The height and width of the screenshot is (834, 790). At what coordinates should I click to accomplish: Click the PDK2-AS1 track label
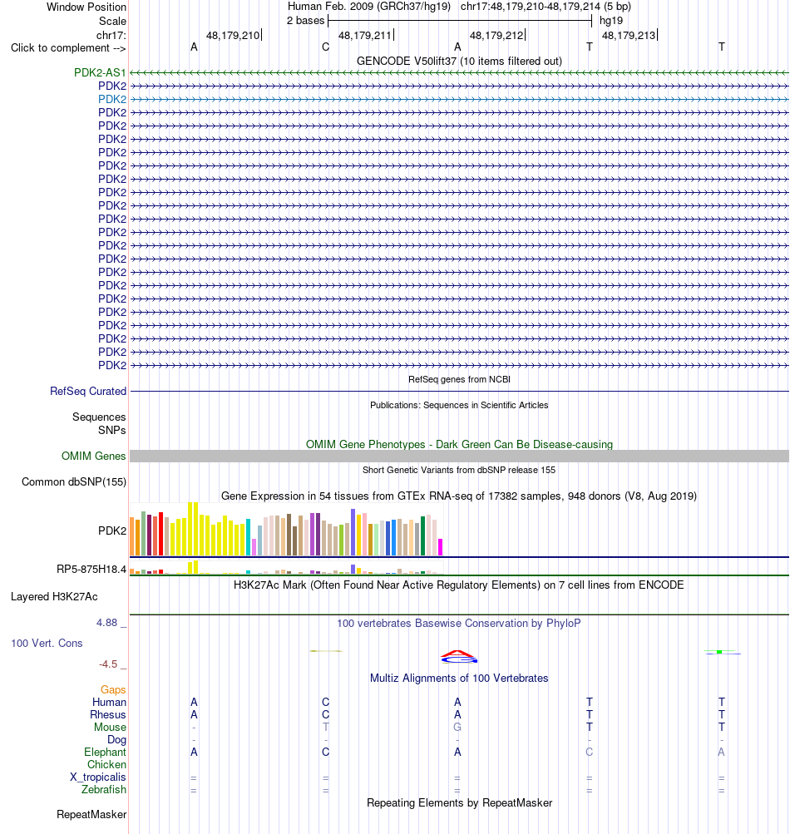(100, 72)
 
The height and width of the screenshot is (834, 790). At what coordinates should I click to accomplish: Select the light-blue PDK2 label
(112, 99)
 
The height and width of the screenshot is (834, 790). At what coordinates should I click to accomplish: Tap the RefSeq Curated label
(88, 391)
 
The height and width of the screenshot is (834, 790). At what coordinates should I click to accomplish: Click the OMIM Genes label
(94, 456)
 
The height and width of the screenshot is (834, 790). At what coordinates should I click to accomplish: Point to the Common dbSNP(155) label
(74, 482)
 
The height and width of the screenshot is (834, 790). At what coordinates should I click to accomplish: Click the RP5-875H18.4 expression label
(91, 569)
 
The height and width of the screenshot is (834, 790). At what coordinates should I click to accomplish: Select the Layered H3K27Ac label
(54, 597)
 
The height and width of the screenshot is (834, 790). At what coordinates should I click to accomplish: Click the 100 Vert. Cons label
(47, 643)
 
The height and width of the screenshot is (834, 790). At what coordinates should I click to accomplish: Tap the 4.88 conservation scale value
(107, 622)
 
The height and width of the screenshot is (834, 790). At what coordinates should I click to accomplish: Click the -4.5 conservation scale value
(108, 664)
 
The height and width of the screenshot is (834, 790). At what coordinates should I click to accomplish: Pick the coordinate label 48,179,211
(365, 36)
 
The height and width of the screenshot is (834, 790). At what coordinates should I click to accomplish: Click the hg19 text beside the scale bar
(611, 21)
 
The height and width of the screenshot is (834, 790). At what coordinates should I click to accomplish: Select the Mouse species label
(110, 727)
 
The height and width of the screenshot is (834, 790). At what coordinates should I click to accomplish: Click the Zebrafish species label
(104, 789)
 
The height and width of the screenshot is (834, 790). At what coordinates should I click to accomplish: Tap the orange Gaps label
(113, 689)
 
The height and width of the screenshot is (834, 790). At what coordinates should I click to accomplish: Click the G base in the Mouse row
(457, 727)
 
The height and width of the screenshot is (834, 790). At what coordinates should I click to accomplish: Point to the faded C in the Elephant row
(590, 752)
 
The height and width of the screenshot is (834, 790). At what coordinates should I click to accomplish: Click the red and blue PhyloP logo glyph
(459, 657)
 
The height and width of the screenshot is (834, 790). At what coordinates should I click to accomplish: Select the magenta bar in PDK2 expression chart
(440, 547)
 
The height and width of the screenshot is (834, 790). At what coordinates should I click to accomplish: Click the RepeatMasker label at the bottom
(91, 814)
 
